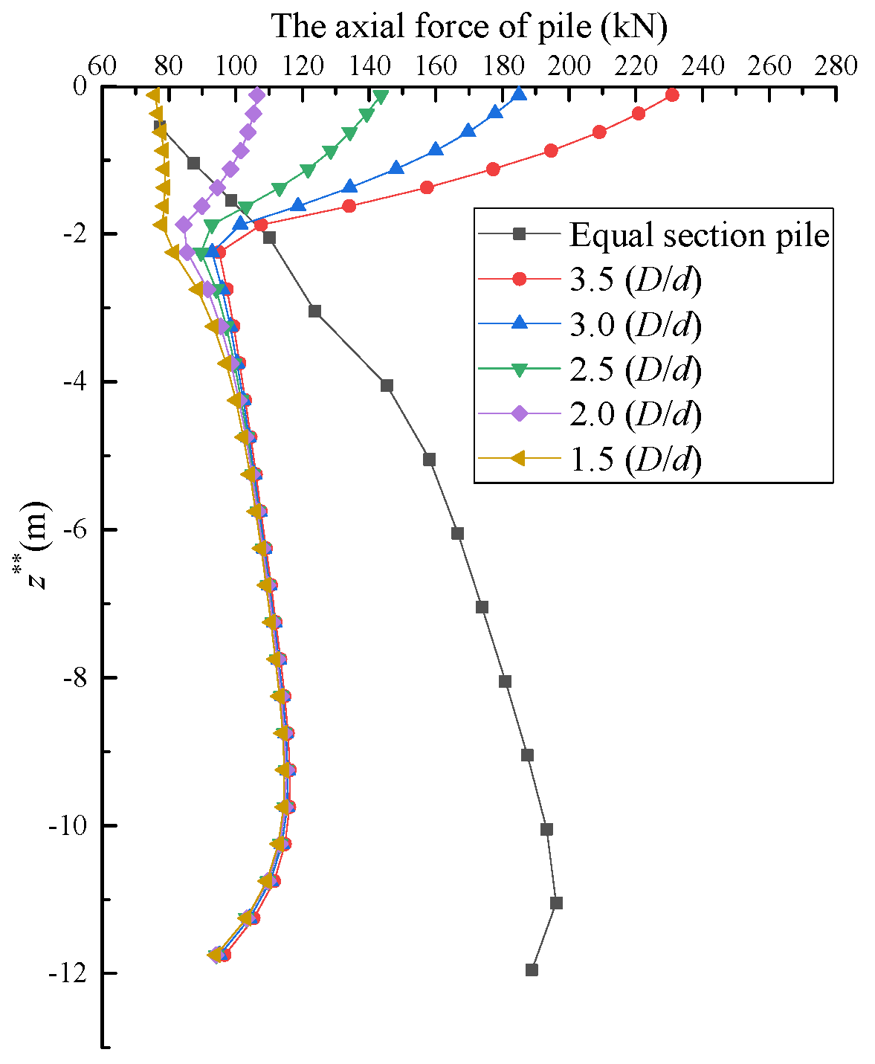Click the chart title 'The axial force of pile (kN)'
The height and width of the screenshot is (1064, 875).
coord(469,27)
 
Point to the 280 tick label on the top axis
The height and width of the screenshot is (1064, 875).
coord(836,66)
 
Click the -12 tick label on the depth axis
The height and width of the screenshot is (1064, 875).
coord(70,973)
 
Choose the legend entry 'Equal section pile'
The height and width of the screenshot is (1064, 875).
coord(699,235)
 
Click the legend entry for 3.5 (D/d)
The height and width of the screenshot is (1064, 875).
coord(636,280)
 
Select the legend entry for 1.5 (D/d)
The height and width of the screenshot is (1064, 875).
coord(636,460)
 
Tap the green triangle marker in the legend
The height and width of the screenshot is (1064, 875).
coord(520,370)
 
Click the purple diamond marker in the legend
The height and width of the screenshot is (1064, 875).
coord(520,414)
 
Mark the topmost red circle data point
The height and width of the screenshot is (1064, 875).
coord(672,95)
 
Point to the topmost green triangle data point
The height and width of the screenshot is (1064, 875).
coord(381,97)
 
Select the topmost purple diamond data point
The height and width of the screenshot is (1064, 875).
coord(257,95)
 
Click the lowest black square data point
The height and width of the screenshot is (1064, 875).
coord(532,970)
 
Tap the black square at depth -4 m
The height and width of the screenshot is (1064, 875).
coord(387,385)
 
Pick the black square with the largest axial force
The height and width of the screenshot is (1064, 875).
coord(556,903)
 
